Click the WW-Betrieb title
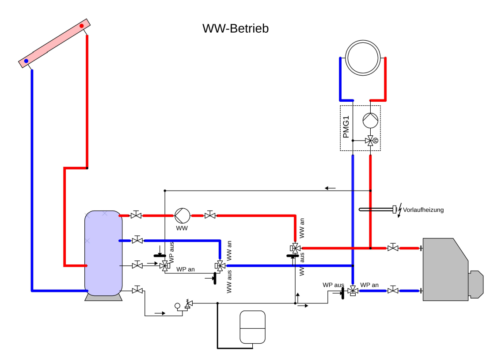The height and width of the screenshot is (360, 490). pos(236,28)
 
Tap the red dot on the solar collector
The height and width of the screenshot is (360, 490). pos(81,26)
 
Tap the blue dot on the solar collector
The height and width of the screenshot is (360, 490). pos(27,61)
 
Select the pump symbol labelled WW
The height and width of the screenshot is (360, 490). pos(182,215)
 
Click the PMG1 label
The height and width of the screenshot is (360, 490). pos(346,127)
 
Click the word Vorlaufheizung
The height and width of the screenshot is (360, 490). pos(423,210)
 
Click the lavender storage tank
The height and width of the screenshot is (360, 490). pos(103,253)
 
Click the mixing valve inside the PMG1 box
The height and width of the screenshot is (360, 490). pos(370,141)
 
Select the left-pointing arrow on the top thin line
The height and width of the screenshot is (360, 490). pos(330,188)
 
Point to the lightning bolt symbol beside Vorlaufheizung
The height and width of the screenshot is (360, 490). pos(400,211)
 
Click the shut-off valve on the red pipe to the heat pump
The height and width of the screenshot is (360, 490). pos(392,248)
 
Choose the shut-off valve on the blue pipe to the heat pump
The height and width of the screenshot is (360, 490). pos(392,291)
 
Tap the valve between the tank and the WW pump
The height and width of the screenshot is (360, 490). pos(136,215)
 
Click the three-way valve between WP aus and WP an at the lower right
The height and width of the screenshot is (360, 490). pos(353,291)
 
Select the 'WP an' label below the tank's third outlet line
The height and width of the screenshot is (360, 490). pos(186,269)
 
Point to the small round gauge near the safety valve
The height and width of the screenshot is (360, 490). pos(177,305)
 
